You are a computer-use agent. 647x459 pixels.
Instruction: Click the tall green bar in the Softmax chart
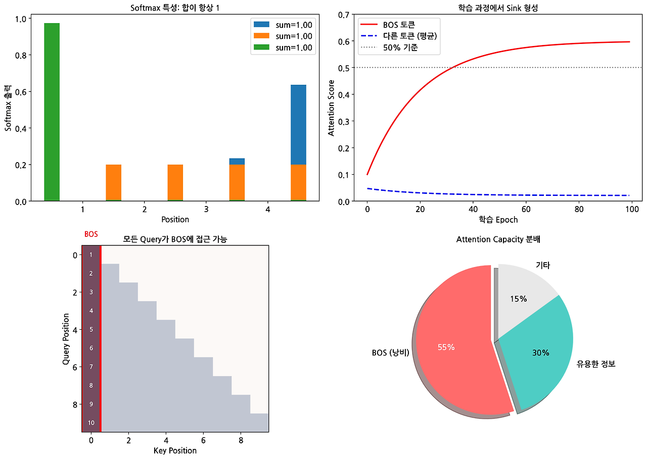[x=52, y=111]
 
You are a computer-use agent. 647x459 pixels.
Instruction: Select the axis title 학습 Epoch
[x=498, y=220]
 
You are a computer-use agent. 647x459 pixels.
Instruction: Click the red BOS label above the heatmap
[x=91, y=234]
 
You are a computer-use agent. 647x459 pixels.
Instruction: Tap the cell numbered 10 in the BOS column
[x=91, y=423]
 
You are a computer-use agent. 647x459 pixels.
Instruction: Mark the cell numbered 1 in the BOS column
[x=91, y=254]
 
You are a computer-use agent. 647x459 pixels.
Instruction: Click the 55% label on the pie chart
[x=446, y=347]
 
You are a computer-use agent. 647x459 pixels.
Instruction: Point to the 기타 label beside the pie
[x=543, y=265]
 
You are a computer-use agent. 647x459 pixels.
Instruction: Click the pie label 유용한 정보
[x=595, y=364]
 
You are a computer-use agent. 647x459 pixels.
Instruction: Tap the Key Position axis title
[x=175, y=450]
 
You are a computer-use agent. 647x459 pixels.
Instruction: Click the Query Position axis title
[x=66, y=339]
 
